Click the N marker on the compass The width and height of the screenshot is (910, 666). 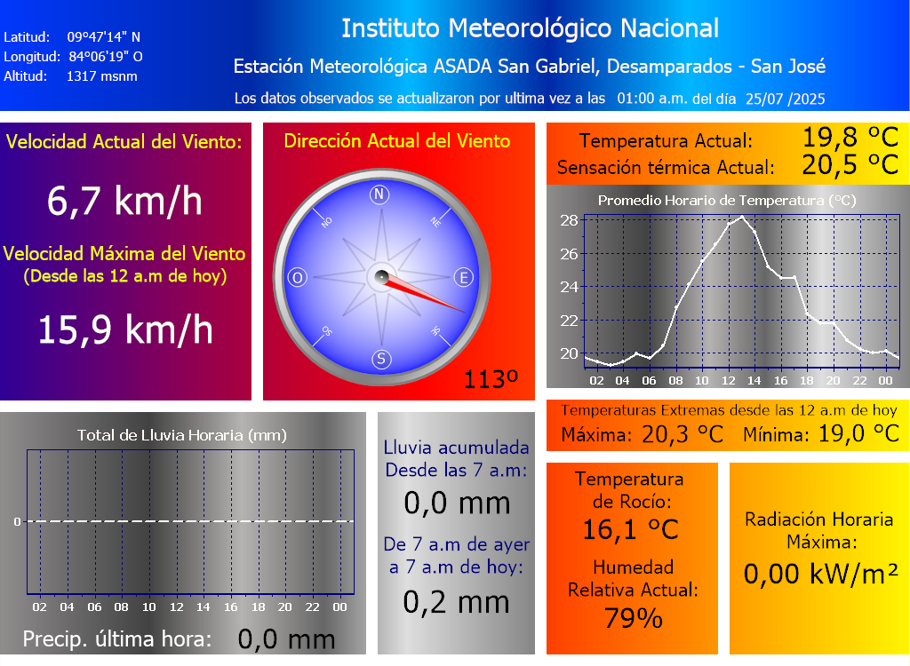[x=380, y=195]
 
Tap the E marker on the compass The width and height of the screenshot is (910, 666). [x=463, y=278]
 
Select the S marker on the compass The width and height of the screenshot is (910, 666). [x=380, y=360]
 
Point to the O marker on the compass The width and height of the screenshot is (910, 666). [x=298, y=278]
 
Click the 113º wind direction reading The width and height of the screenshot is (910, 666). [x=491, y=380]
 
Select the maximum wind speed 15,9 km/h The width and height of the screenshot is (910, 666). [x=124, y=330]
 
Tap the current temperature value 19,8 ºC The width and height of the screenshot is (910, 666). [x=850, y=138]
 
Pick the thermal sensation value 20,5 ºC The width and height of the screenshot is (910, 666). [x=850, y=165]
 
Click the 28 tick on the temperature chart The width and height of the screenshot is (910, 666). [x=569, y=220]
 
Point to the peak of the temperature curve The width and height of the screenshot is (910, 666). [x=742, y=216]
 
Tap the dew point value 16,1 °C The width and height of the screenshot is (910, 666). [x=631, y=530]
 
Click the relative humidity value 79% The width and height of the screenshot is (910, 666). [x=633, y=618]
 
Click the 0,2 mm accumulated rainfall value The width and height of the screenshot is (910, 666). [x=457, y=602]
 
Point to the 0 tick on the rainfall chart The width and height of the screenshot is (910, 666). [x=17, y=521]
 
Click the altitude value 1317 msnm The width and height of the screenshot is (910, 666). [x=101, y=76]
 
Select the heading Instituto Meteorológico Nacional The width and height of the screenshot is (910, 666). [x=530, y=28]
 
